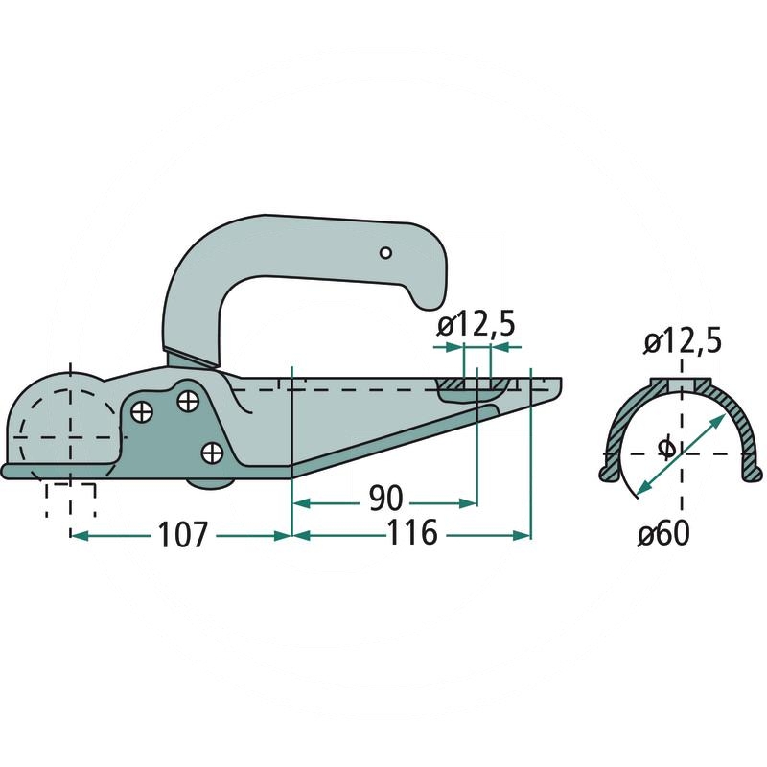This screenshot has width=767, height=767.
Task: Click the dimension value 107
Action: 181,535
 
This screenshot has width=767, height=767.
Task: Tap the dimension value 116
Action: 413,534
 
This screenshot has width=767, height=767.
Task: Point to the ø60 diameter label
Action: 662,533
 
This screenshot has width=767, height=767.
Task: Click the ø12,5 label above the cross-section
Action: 683,340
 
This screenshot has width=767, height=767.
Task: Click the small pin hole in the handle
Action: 384,253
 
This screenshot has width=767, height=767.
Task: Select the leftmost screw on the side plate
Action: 143,412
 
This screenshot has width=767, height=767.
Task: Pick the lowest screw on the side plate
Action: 212,450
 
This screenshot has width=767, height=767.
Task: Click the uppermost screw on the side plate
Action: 188,397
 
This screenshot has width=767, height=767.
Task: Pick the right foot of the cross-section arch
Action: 755,473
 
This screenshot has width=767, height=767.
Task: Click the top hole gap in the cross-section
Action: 682,383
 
